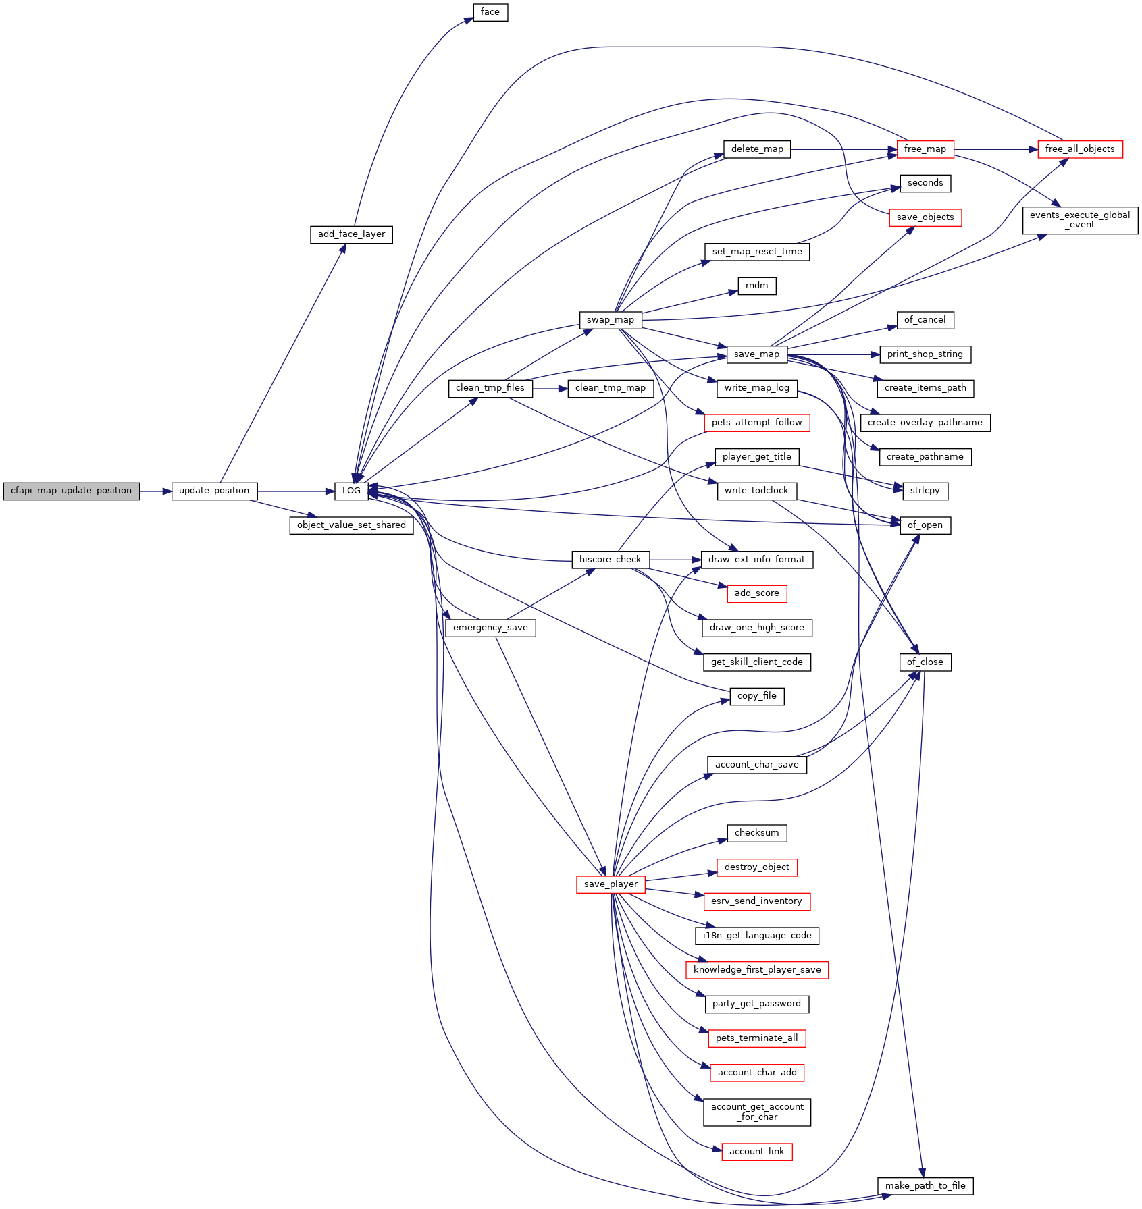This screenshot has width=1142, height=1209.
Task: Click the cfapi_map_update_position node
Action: pos(71,491)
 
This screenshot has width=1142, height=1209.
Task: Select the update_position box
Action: pos(214,491)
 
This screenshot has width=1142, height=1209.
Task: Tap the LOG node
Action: pos(351,491)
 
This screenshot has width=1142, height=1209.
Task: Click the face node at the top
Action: pos(490,12)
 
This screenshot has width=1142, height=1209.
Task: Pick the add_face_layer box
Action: pos(351,234)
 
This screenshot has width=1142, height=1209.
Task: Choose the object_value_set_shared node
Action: pos(351,525)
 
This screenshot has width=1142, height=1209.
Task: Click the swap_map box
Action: pos(611,320)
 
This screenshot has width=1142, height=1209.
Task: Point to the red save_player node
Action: pos(611,884)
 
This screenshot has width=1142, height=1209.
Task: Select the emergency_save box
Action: pos(490,628)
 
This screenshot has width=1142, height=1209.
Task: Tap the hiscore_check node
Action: pos(611,560)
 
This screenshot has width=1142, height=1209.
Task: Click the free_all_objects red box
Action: pos(1080,149)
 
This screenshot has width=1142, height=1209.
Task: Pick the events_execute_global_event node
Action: pos(1080,220)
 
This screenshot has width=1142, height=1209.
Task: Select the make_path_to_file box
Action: pos(925,1186)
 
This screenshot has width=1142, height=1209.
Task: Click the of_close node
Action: pos(925,662)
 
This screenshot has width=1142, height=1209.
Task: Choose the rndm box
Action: pos(757,286)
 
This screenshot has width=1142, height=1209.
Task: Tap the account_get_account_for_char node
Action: pos(757,1112)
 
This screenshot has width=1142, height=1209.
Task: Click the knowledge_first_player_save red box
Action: pos(757,970)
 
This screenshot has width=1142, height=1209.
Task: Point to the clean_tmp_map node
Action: pos(611,388)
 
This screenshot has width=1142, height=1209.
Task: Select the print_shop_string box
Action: pos(925,354)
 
